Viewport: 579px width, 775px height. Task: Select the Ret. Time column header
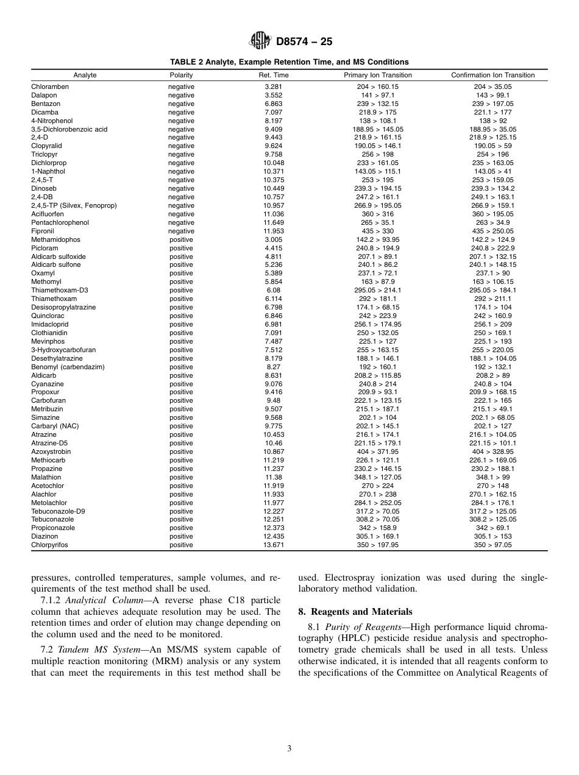click(274, 75)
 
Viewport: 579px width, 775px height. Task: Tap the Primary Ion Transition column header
click(377, 75)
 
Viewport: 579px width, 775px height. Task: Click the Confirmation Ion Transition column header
click(492, 75)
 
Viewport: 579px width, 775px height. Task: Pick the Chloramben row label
click(50, 87)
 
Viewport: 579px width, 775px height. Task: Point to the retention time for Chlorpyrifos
click(274, 545)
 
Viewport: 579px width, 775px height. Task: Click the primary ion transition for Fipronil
click(377, 231)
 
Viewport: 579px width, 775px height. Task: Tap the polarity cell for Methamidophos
click(181, 240)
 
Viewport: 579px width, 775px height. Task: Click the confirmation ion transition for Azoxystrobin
click(492, 451)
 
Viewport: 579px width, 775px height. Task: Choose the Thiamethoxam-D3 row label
click(60, 291)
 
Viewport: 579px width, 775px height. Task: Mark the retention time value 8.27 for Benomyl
click(274, 367)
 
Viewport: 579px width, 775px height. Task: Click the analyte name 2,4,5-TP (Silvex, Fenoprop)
click(74, 205)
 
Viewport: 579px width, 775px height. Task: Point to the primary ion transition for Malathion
click(377, 477)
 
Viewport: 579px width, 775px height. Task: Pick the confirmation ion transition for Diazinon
click(492, 537)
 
